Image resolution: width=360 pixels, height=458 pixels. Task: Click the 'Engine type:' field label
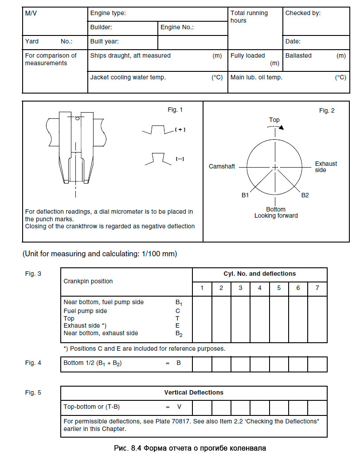(108, 13)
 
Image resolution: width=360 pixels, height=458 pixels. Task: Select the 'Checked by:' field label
(303, 13)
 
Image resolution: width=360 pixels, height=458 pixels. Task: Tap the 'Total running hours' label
(249, 17)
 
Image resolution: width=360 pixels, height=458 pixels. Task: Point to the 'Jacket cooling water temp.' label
(128, 77)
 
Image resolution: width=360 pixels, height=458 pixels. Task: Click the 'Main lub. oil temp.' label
(256, 77)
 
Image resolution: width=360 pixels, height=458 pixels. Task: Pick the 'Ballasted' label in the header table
(298, 56)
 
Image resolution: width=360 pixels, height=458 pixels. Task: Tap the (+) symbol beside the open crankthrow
(180, 129)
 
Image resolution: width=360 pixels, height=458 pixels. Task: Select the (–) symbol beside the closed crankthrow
(180, 159)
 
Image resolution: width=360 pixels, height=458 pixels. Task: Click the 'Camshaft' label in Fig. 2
(222, 167)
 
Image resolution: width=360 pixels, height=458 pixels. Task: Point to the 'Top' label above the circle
(274, 120)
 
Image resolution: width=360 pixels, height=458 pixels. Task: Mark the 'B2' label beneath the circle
(305, 195)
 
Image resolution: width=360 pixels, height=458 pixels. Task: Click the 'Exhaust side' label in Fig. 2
(326, 167)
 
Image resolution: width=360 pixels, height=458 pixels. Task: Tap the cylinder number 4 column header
(260, 288)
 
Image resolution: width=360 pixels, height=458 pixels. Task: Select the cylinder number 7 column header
(317, 288)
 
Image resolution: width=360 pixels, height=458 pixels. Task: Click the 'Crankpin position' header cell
(88, 281)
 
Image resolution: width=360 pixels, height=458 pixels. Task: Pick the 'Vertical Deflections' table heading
(194, 392)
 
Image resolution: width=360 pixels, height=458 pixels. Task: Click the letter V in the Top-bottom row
(180, 407)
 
